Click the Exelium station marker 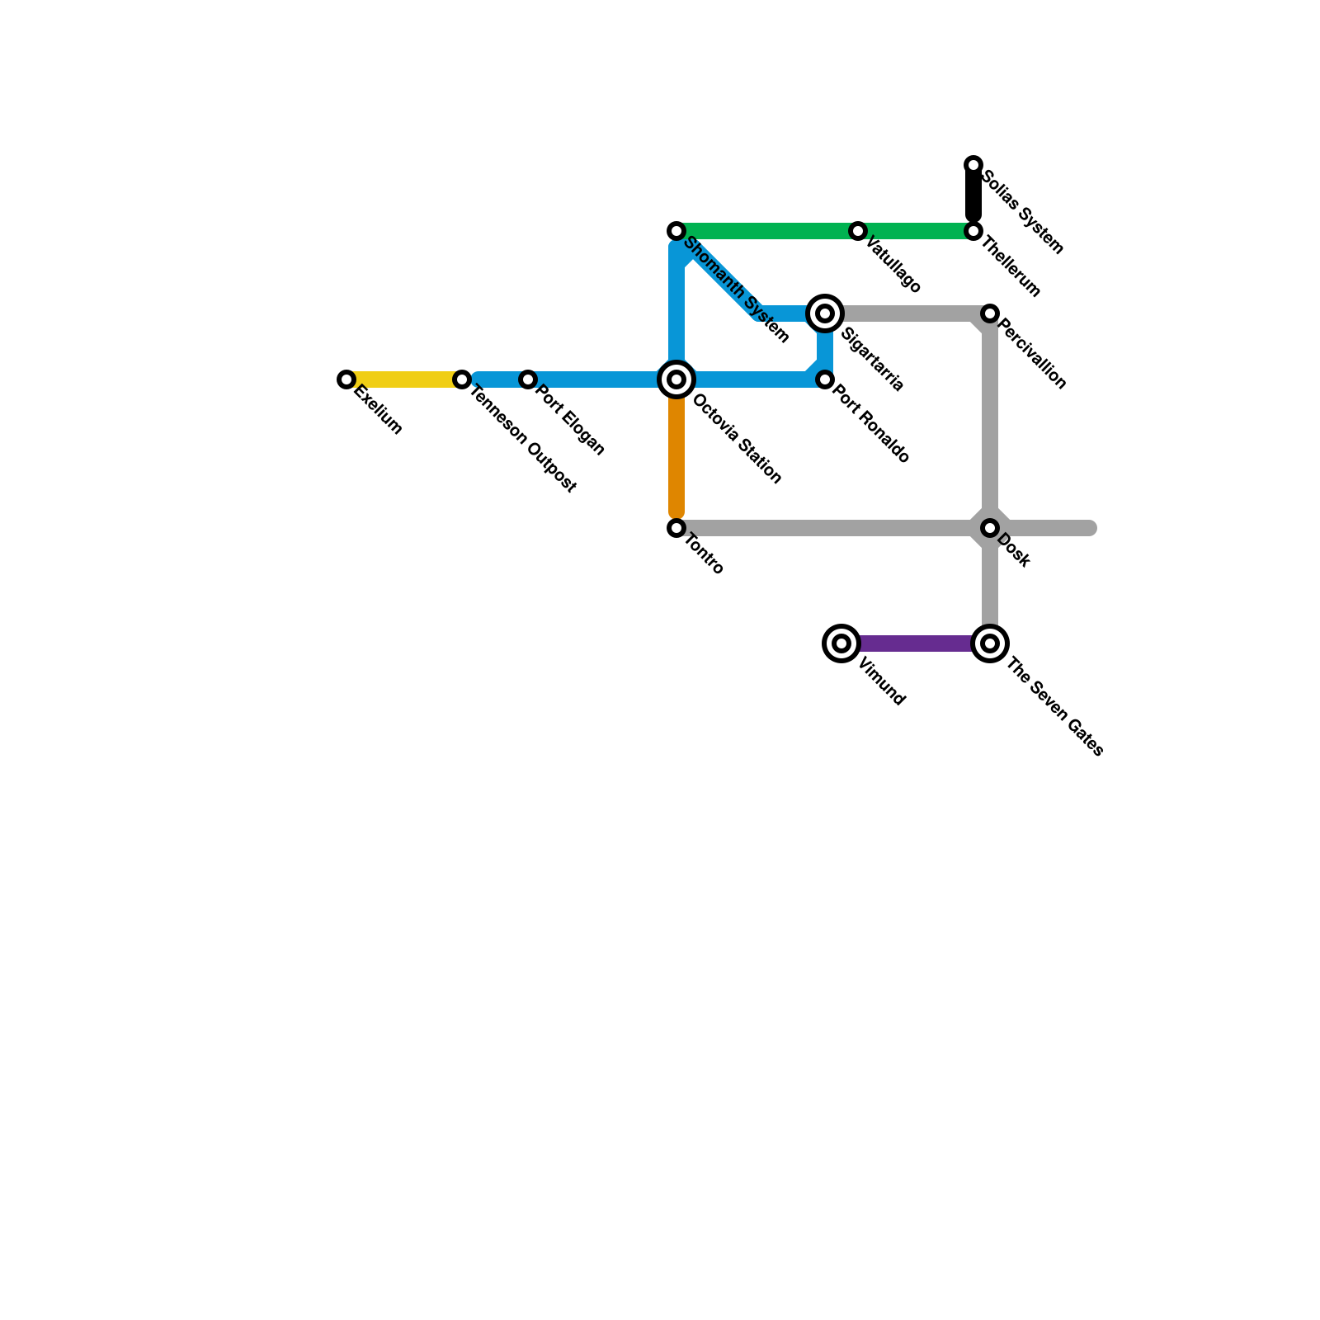tap(346, 379)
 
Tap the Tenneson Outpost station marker tap(463, 379)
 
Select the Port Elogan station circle tap(528, 379)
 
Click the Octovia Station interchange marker tap(676, 379)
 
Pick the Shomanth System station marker tap(676, 231)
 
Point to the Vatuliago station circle tap(858, 231)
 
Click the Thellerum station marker tap(973, 231)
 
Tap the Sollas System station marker tap(973, 165)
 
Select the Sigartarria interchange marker tap(825, 313)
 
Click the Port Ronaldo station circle tap(825, 379)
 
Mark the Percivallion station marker tap(990, 313)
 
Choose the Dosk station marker tap(990, 528)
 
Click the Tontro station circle tap(676, 528)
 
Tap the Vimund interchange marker tap(841, 643)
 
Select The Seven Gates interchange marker tap(990, 643)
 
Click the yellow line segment tap(404, 379)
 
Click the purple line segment tap(916, 643)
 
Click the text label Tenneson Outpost tap(522, 439)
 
